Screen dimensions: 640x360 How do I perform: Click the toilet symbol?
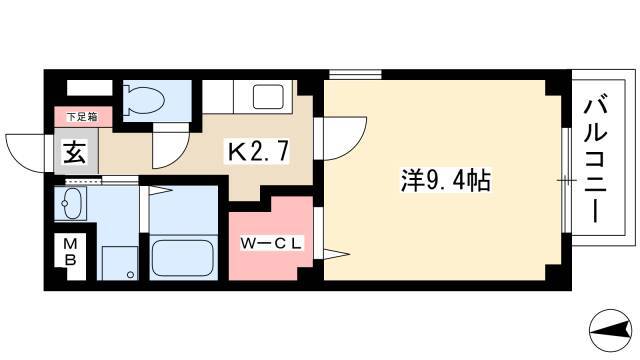[144, 98]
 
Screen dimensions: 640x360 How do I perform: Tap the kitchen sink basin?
[268, 97]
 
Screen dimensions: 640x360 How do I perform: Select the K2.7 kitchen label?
[258, 151]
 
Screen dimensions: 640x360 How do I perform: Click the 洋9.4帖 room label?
[445, 180]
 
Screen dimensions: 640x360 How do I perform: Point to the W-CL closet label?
[271, 244]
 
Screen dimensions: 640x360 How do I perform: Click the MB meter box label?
[70, 252]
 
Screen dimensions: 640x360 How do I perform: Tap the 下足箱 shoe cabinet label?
[82, 117]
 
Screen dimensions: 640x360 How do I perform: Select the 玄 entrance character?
[75, 152]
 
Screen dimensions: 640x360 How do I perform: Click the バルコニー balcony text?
[596, 159]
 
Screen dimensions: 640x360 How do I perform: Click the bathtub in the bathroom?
[183, 258]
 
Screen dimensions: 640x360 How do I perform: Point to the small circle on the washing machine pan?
[130, 274]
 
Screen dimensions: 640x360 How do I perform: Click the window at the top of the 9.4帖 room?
[355, 74]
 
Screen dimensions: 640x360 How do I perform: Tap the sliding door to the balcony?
[566, 180]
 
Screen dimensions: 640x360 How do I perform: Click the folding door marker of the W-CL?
[336, 253]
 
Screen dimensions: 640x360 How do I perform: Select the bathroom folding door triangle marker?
[158, 190]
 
